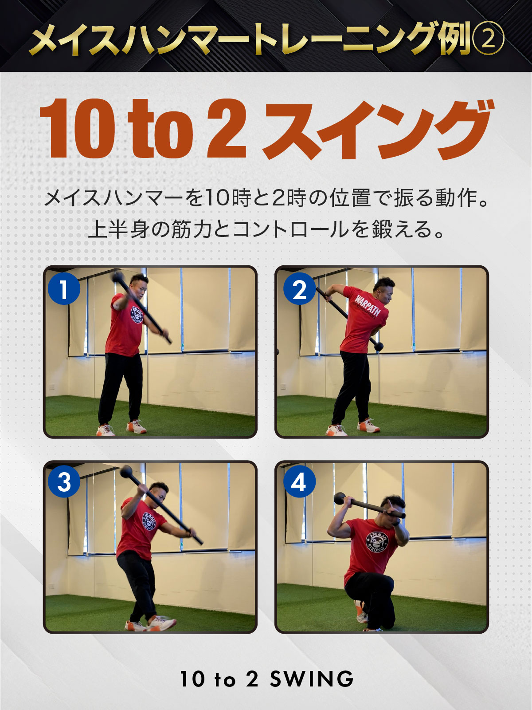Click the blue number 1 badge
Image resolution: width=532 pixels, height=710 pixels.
tap(64, 289)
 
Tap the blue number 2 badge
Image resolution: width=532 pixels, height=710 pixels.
tap(299, 289)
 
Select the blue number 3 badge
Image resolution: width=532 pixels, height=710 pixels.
tap(64, 481)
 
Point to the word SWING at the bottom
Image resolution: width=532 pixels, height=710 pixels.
tap(312, 679)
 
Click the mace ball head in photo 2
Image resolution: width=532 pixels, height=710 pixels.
tap(379, 346)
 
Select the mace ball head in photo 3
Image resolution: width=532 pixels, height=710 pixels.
tap(126, 472)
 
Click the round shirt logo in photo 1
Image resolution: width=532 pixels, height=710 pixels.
tap(137, 314)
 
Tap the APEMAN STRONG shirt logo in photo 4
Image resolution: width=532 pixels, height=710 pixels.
tap(377, 541)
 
